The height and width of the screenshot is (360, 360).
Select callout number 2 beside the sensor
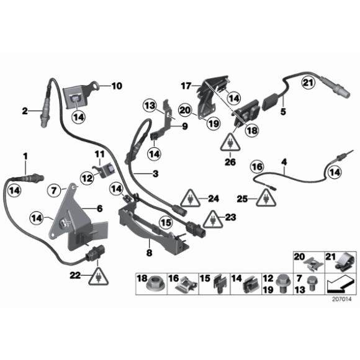[x=25, y=112]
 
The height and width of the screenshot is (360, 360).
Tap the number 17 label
[x=185, y=85]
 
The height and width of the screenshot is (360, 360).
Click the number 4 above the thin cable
[x=284, y=164]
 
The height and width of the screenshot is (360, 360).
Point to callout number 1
[x=25, y=154]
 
